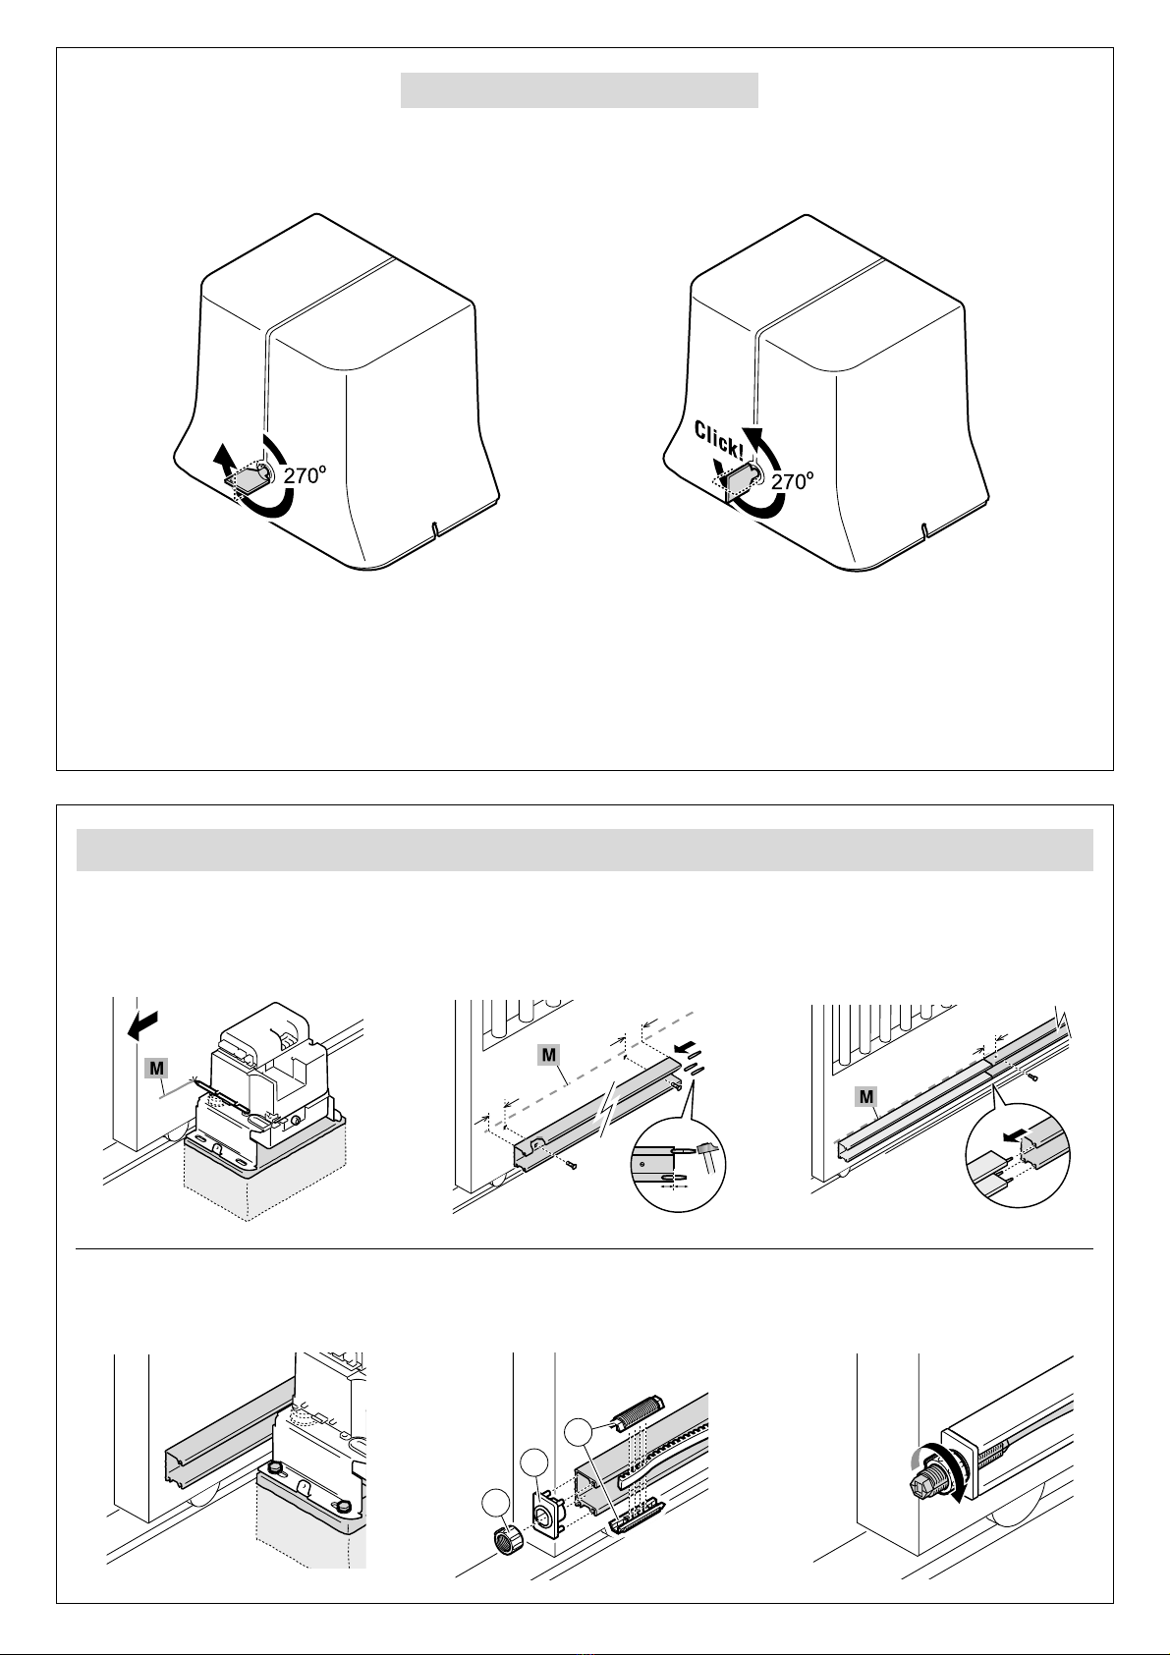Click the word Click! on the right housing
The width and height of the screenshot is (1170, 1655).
click(x=719, y=440)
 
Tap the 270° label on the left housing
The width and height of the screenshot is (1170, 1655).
click(x=305, y=475)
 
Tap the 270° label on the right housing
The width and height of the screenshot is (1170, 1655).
click(x=793, y=481)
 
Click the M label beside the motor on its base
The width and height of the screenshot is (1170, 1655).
click(x=157, y=1069)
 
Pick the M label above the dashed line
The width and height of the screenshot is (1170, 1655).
click(x=548, y=1055)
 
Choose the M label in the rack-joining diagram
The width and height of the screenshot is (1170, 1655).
click(x=865, y=1097)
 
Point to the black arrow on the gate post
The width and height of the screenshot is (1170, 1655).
click(x=142, y=1025)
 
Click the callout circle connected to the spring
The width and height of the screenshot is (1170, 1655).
click(x=579, y=1432)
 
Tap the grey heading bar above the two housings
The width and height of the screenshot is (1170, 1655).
click(x=580, y=90)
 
